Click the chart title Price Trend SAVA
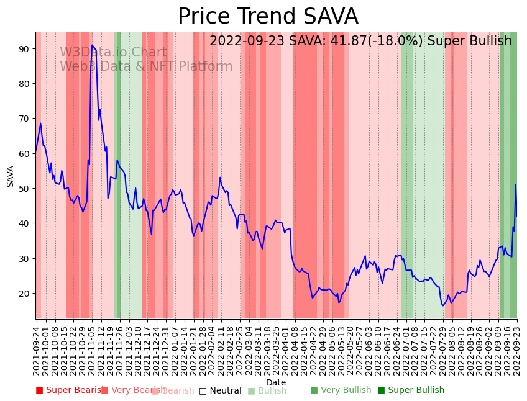click(x=268, y=17)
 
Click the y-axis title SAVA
click(x=10, y=176)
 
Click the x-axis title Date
click(x=276, y=382)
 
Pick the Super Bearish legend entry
click(x=70, y=390)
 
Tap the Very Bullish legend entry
click(x=341, y=390)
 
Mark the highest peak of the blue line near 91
click(x=92, y=45)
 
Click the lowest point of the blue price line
click(x=443, y=305)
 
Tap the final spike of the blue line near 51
click(x=515, y=184)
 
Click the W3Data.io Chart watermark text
click(x=113, y=53)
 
